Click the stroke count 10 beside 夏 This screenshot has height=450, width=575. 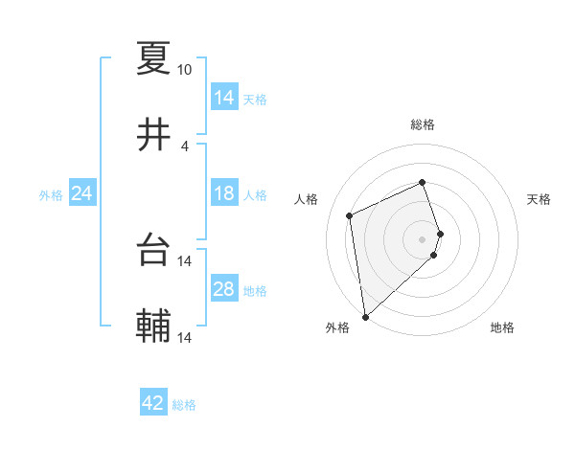(x=184, y=70)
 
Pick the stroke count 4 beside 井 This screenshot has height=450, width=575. (x=184, y=146)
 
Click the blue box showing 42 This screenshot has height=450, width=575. (x=153, y=403)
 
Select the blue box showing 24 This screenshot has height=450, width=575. (x=81, y=194)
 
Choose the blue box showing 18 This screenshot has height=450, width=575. (x=223, y=194)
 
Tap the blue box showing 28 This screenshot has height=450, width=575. (x=223, y=290)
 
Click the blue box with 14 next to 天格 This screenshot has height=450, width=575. (x=223, y=98)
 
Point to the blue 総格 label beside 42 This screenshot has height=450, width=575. (x=184, y=405)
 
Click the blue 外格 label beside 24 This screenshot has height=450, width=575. (x=51, y=195)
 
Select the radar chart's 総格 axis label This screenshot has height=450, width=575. (x=423, y=124)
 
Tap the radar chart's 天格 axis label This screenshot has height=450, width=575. (x=540, y=199)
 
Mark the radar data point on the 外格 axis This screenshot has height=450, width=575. (x=364, y=316)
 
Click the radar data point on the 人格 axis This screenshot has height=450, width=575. (x=350, y=214)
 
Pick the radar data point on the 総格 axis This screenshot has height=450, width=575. (x=423, y=182)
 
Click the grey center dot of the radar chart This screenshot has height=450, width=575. (x=423, y=238)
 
